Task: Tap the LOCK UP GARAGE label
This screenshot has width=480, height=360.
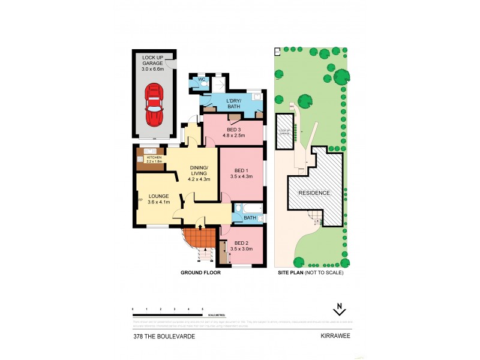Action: pos(154,63)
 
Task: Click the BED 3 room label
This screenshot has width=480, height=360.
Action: pos(235,132)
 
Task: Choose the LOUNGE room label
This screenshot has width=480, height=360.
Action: pos(159,199)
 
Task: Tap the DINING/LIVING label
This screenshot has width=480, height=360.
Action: pos(199,173)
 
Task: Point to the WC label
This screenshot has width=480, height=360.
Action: pos(194,78)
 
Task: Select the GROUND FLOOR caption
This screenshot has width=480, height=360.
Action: pos(200,273)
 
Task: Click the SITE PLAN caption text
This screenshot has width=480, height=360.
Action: pos(291,273)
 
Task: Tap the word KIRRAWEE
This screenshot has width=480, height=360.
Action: pos(333,337)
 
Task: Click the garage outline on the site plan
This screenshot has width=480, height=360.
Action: pos(284,131)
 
